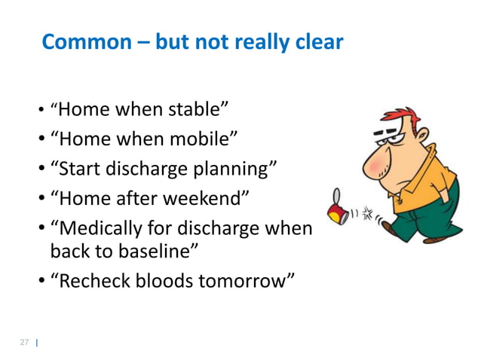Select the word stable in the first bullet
[192, 111]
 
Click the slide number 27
[24, 343]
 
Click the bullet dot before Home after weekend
[41, 197]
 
